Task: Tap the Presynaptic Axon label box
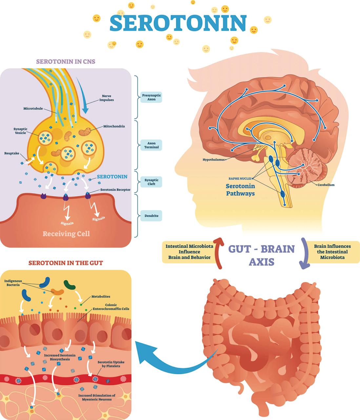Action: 151,97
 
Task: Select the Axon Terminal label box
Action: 151,145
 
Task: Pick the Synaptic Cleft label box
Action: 151,182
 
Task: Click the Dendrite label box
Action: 151,216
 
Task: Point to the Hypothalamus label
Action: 214,160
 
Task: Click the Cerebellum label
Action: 326,185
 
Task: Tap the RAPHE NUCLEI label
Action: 240,178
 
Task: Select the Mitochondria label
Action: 114,126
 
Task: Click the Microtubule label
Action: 33,109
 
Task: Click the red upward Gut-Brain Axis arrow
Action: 218,253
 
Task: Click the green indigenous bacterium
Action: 70,285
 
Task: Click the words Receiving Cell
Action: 66,234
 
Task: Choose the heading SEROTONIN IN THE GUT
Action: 66,263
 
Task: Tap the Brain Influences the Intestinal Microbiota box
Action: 332,252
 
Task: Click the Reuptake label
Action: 12,153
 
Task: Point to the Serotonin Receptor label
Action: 115,190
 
